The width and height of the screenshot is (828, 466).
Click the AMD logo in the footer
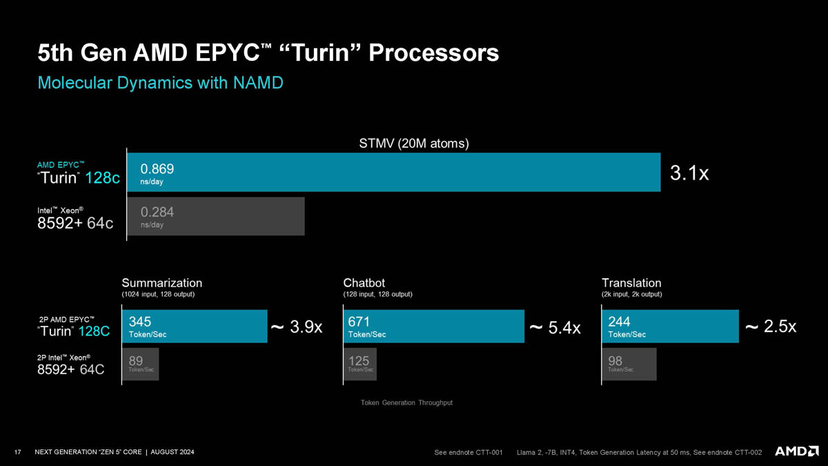tap(796, 452)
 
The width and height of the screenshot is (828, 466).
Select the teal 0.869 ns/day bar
tap(393, 172)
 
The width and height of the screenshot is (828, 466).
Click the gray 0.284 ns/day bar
tap(215, 216)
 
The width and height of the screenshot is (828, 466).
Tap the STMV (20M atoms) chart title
tap(414, 144)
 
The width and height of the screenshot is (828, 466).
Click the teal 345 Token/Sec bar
tap(195, 327)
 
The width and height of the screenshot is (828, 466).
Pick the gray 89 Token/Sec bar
tap(140, 364)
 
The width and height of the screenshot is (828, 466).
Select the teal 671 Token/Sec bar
tap(433, 327)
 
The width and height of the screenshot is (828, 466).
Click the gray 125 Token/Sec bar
tap(359, 364)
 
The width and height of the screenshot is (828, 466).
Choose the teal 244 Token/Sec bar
tap(669, 327)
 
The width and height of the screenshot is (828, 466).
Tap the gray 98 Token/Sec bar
tap(629, 364)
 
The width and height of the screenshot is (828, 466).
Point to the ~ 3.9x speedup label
tap(297, 327)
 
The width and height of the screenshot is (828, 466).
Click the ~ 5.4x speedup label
tap(555, 327)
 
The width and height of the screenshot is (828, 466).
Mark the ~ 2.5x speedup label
tap(771, 327)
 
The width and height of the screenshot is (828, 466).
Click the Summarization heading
tap(162, 283)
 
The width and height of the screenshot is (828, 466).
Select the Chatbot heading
tap(364, 283)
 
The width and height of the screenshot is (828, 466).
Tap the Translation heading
tap(631, 283)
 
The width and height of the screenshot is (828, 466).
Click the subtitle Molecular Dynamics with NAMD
tap(160, 84)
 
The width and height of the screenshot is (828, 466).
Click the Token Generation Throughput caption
tap(406, 402)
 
